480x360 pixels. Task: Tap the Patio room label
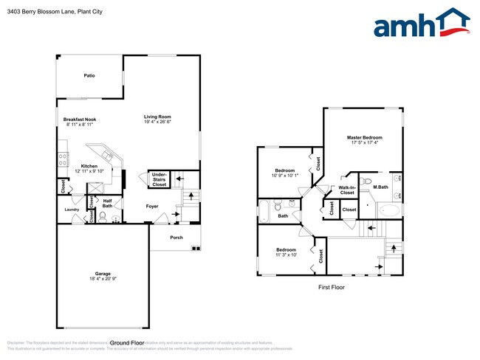89,76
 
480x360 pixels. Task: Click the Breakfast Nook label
80,120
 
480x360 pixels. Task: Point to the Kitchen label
89,166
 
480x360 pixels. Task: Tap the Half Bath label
107,203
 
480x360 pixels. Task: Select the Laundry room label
72,210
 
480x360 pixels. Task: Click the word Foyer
152,206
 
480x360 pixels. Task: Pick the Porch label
176,238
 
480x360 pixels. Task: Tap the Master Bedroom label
365,138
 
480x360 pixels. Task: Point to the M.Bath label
380,187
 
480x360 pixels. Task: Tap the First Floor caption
331,288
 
